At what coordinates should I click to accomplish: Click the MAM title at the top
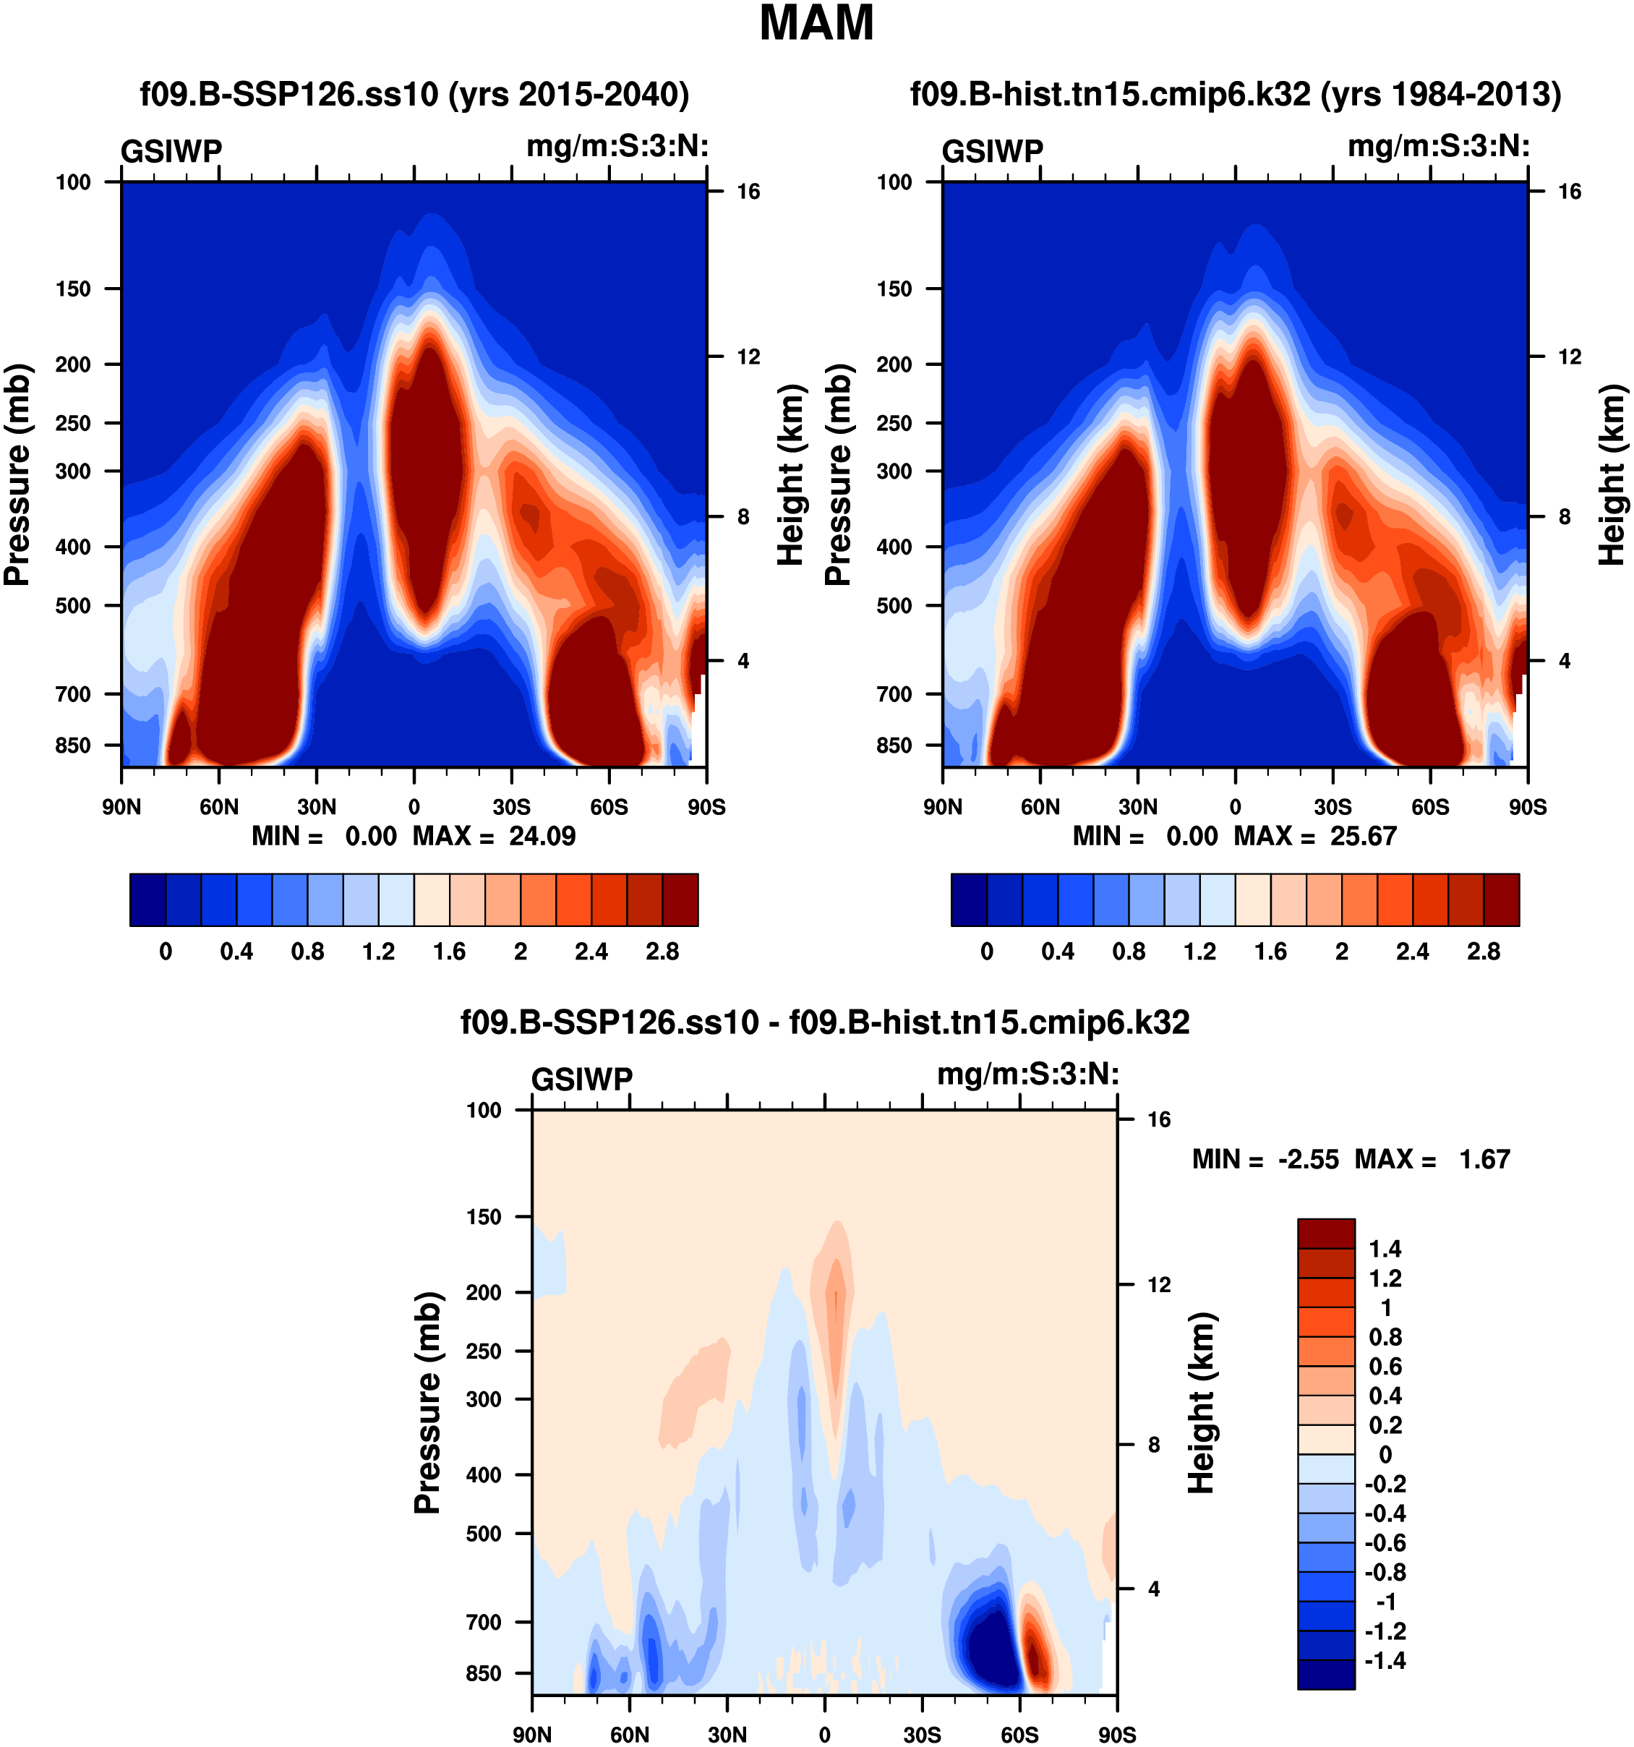click(x=816, y=24)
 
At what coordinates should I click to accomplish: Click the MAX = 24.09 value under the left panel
click(x=495, y=836)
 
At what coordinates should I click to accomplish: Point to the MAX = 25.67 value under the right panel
click(x=1315, y=836)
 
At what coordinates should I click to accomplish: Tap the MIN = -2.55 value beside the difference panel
click(x=1265, y=1160)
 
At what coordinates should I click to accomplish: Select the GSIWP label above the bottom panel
click(x=581, y=1079)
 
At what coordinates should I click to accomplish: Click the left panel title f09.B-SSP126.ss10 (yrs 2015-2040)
click(x=415, y=94)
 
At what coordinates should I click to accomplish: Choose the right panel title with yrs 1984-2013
click(x=1235, y=94)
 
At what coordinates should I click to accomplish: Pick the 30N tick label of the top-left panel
click(x=316, y=807)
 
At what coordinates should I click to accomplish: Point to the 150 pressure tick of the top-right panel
click(x=894, y=289)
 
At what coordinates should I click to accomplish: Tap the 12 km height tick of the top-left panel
click(x=748, y=356)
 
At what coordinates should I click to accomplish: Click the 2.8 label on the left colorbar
click(x=662, y=952)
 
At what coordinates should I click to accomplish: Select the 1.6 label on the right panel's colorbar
click(x=1270, y=952)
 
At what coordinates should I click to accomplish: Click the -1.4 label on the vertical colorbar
click(x=1385, y=1661)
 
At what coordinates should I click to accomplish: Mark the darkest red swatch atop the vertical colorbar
click(x=1326, y=1233)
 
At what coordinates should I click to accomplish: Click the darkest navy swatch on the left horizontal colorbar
click(x=147, y=900)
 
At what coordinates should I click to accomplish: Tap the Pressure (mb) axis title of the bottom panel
click(x=427, y=1403)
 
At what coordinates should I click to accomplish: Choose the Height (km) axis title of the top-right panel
click(x=1611, y=474)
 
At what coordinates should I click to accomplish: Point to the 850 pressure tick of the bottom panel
click(x=483, y=1673)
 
